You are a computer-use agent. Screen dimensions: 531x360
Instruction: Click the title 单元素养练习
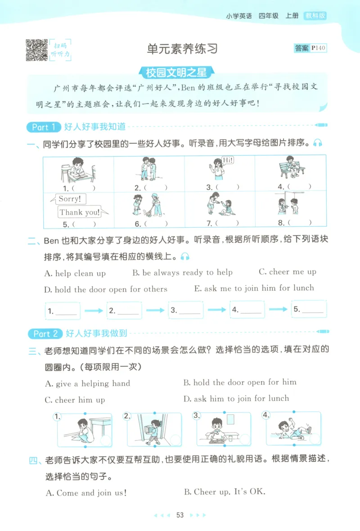click(x=182, y=49)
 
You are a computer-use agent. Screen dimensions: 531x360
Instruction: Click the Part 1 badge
click(x=43, y=127)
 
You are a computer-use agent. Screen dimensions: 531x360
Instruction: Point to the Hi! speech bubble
click(x=228, y=160)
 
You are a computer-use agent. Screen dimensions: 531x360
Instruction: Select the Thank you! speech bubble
click(x=79, y=212)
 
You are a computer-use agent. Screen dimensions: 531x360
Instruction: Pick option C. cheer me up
click(x=288, y=272)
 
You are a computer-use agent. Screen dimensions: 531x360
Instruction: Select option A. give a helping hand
click(x=88, y=383)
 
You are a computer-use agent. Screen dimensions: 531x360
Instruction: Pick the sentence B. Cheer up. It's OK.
click(x=225, y=492)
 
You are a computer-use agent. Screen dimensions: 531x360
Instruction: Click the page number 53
click(x=180, y=515)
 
